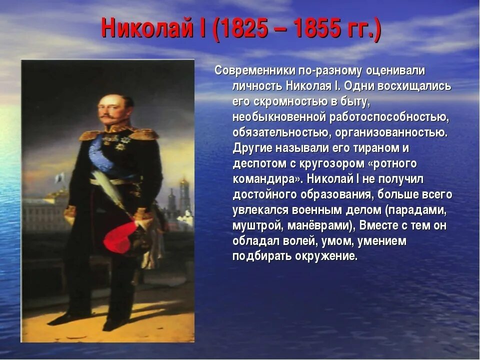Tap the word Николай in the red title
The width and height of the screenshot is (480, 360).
coord(147,29)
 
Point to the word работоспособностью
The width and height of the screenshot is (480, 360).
coord(388,117)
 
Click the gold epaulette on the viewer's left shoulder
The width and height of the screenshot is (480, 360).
coord(89,134)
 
